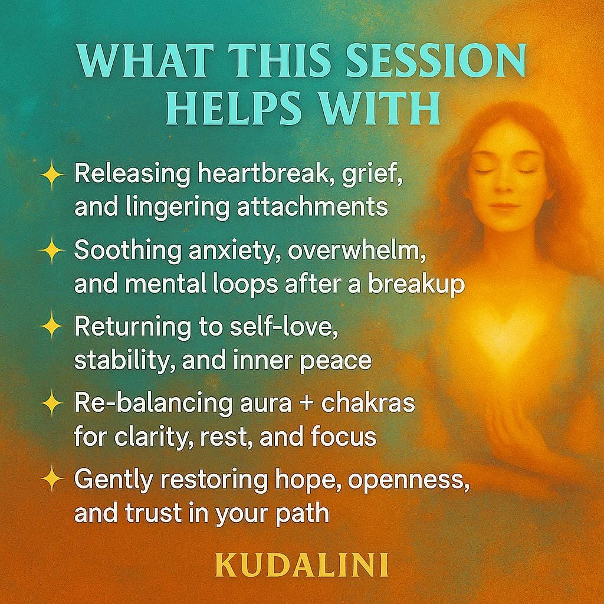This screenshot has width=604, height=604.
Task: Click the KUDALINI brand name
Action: (301, 564)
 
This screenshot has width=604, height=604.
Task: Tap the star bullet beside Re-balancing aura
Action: (52, 404)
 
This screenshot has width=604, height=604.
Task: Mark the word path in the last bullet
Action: (302, 513)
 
